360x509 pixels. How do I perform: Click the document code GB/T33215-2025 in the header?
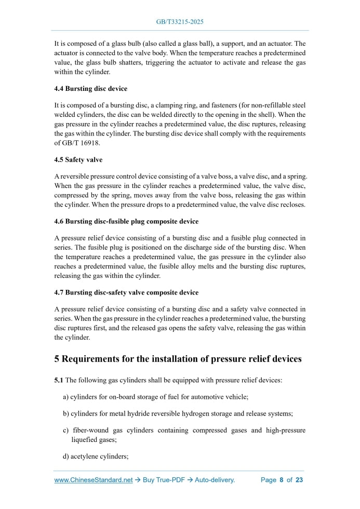179,22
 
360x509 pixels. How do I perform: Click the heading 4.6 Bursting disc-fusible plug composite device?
126,221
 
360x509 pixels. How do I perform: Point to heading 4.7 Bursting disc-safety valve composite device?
126,292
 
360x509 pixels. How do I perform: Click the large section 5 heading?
178,359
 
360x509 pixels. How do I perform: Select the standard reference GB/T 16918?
80,143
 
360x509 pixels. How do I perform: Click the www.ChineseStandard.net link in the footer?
94,480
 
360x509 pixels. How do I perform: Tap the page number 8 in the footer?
281,480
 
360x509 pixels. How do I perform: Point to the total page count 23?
299,480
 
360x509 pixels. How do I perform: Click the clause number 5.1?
59,380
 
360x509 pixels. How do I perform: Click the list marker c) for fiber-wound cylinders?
66,431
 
